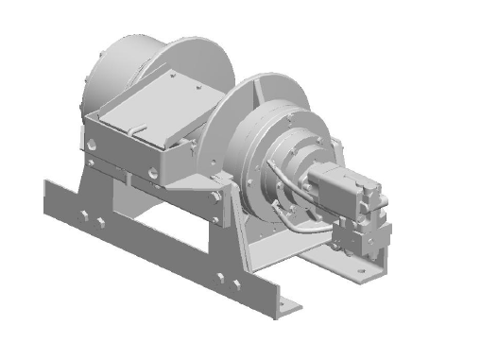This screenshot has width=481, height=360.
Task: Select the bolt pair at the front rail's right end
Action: click(x=226, y=281)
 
